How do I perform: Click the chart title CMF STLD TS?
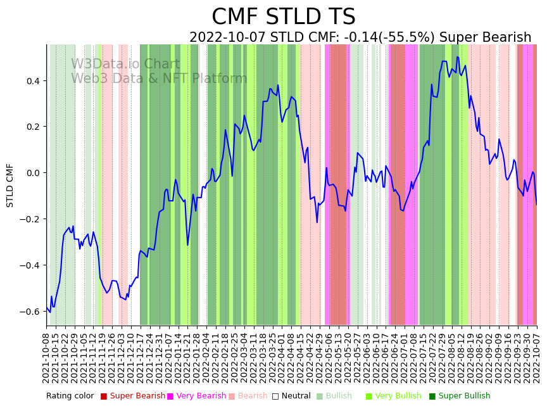(283, 17)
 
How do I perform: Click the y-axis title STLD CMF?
(10, 185)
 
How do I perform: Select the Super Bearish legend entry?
(137, 396)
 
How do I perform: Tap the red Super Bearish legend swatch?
(104, 396)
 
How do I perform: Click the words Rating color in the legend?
(70, 396)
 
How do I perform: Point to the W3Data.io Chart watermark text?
(125, 64)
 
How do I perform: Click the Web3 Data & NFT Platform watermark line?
(159, 79)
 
